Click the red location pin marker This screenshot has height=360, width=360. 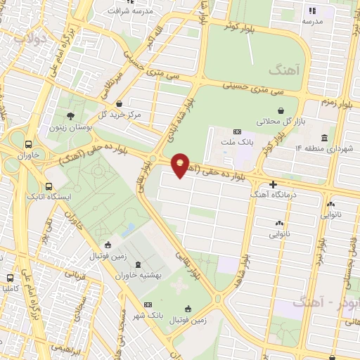point(181,165)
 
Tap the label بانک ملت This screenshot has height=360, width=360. point(236,141)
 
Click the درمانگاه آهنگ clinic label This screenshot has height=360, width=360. point(273,193)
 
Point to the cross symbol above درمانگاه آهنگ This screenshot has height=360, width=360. point(273,184)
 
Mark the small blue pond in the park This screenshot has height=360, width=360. point(128,229)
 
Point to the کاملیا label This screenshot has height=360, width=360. point(9,289)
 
